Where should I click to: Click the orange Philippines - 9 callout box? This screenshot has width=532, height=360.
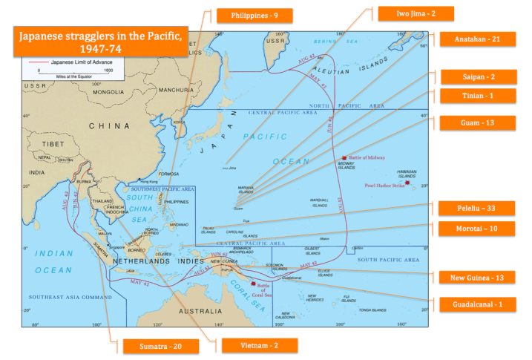(x=254, y=15)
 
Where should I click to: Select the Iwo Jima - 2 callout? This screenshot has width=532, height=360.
(x=415, y=13)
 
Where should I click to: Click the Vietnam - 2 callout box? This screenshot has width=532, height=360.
(x=259, y=345)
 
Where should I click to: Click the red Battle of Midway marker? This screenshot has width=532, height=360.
(x=344, y=158)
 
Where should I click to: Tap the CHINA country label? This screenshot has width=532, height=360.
(x=109, y=125)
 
